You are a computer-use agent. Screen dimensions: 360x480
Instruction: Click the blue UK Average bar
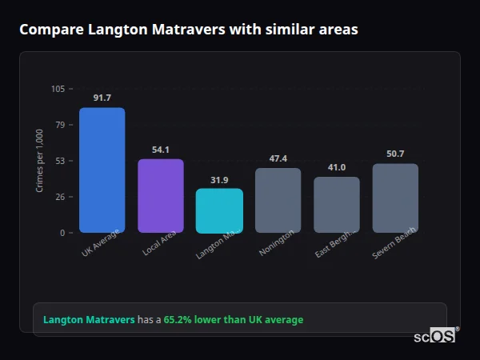tap(102, 170)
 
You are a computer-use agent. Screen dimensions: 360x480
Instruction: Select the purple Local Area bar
tap(161, 195)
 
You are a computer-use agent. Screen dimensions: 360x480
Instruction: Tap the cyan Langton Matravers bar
tap(219, 210)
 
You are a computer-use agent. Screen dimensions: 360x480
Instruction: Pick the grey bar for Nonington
tap(278, 200)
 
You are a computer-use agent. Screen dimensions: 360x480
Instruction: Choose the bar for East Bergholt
tap(337, 204)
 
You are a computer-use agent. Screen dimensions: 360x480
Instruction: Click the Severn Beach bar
tap(395, 198)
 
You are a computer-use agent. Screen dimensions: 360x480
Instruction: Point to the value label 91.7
tap(102, 98)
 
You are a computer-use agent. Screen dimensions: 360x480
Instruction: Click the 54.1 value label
tap(161, 150)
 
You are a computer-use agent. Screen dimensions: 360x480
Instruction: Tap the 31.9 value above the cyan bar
tap(219, 180)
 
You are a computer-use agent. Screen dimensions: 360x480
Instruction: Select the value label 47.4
tap(278, 158)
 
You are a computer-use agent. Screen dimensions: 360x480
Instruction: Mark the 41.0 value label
tap(337, 167)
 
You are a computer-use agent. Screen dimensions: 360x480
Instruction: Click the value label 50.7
tap(395, 154)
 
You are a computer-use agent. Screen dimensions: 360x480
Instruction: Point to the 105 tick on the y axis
tap(58, 89)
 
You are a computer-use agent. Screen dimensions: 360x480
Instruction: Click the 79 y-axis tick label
tap(60, 125)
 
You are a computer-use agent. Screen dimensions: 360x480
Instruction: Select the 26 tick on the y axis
tap(60, 197)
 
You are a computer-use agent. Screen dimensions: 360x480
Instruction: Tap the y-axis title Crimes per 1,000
tap(39, 160)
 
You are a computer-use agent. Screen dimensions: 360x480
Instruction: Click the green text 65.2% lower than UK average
tap(234, 320)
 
